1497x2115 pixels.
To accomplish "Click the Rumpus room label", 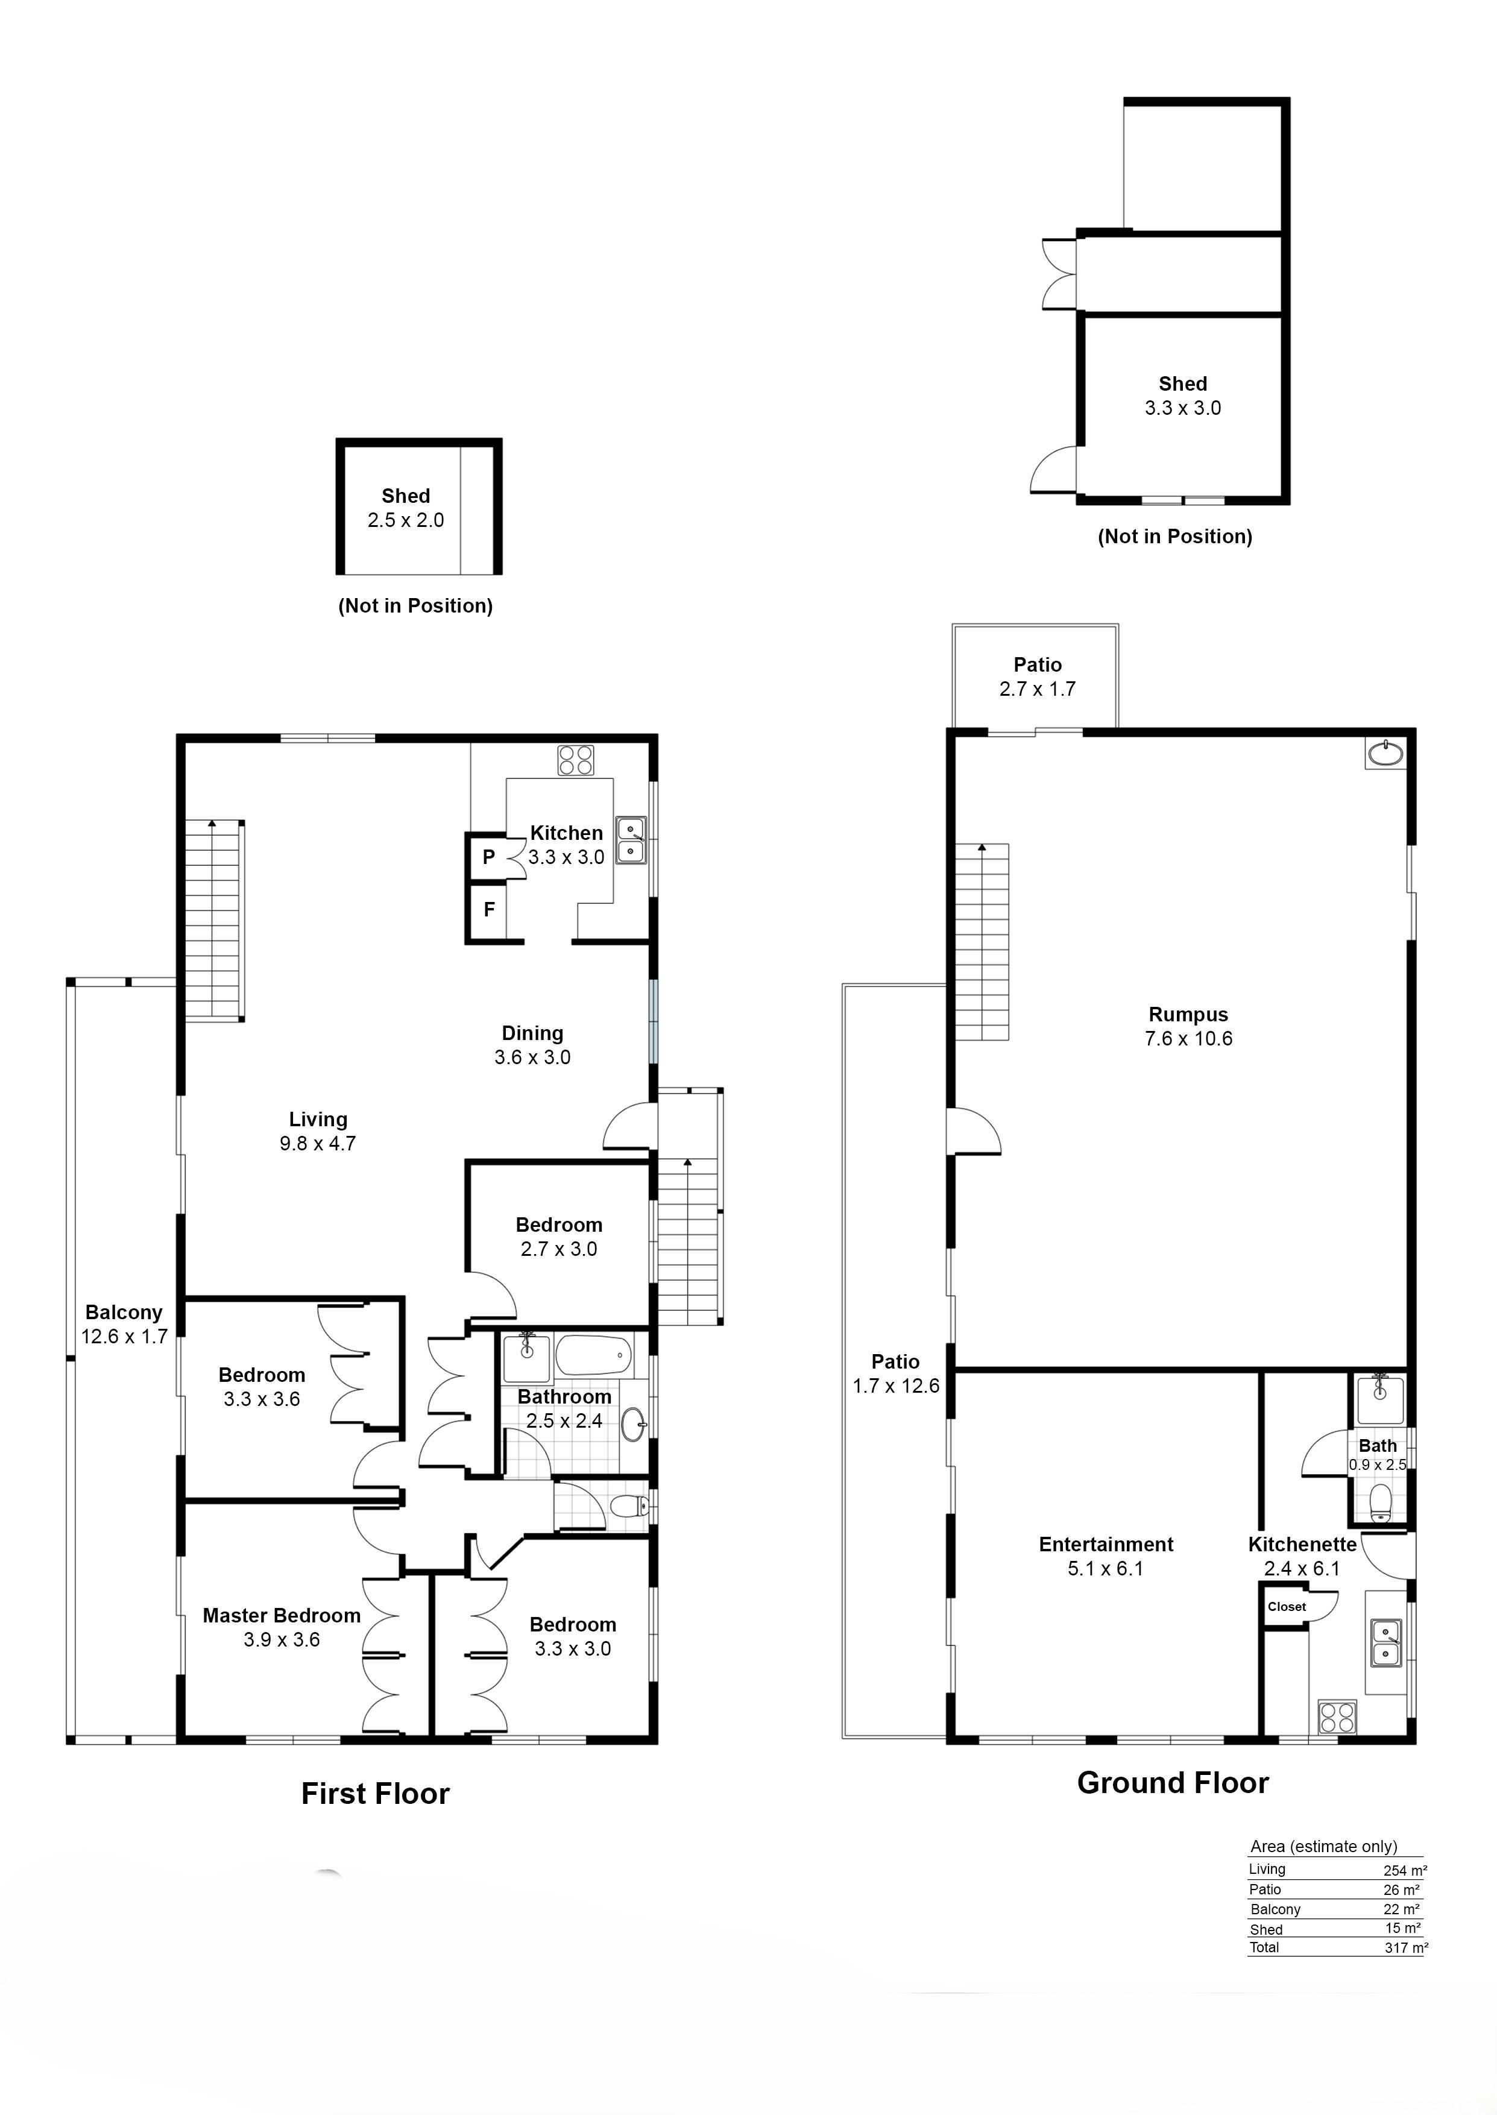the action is (1188, 1015).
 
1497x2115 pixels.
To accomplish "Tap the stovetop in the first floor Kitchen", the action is (575, 760).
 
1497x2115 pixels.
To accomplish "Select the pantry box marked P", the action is (488, 857).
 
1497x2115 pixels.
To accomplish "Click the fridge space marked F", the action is (488, 910).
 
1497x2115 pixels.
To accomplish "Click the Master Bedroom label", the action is (281, 1616).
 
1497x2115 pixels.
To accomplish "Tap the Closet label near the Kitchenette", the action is (1287, 1606).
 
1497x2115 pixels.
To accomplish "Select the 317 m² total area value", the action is (1406, 1947).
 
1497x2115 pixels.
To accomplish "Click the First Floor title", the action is (375, 1794).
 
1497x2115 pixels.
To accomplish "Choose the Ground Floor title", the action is (1173, 1783).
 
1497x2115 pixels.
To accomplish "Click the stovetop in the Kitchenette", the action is (1337, 1717).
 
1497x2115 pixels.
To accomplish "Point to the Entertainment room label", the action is (1106, 1545).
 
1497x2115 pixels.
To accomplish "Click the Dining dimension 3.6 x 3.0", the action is (533, 1057).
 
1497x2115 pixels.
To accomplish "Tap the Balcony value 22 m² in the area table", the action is (1402, 1909).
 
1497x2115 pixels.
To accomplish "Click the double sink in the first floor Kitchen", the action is (631, 839).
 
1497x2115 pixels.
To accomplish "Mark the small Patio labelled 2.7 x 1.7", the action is (1036, 677).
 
